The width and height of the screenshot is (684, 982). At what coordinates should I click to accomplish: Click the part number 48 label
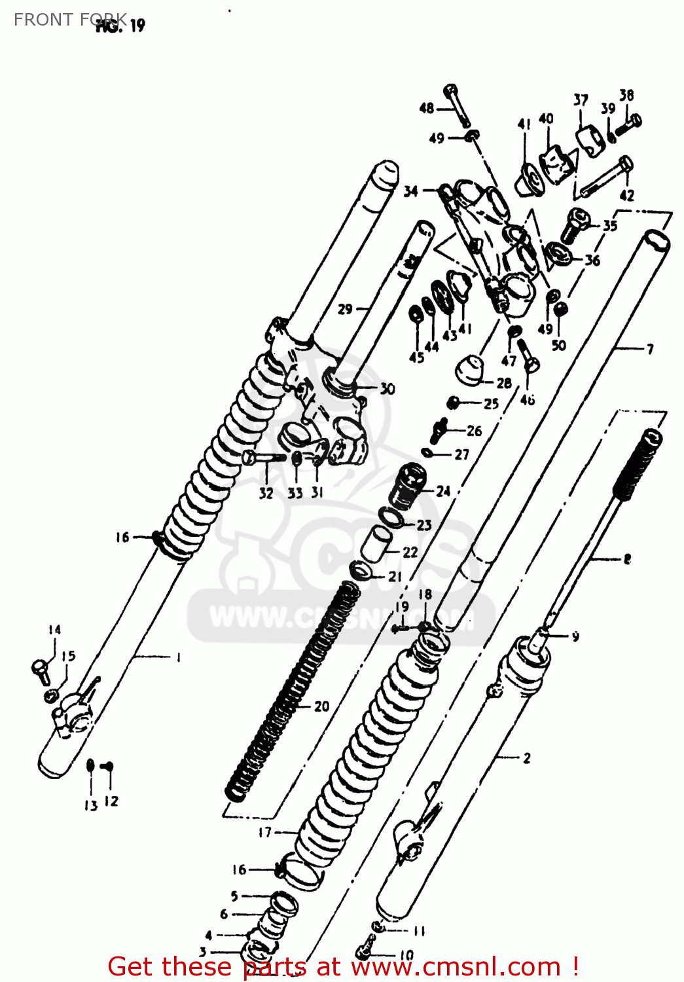tap(426, 108)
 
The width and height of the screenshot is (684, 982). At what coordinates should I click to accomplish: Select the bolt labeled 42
tap(605, 177)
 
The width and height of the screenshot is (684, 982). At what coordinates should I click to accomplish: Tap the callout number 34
tap(410, 191)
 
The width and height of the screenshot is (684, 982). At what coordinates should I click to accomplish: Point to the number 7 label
tap(650, 349)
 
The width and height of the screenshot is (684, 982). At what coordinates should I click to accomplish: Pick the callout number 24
tap(443, 490)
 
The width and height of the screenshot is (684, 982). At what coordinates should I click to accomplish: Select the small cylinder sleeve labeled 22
tap(377, 543)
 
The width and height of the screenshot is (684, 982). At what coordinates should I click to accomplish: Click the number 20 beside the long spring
tap(321, 706)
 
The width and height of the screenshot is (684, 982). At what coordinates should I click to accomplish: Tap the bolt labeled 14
tap(41, 669)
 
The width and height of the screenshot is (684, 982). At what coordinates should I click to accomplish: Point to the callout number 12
tap(111, 801)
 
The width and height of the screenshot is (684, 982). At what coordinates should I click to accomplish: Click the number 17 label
tap(264, 832)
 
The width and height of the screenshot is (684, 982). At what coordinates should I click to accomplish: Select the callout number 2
tap(527, 758)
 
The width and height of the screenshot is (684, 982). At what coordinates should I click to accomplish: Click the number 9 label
tap(575, 636)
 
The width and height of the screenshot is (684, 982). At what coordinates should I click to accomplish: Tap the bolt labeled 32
tap(262, 458)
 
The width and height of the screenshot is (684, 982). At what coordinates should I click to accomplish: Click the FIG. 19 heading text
tap(120, 26)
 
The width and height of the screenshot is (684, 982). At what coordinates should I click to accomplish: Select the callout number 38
tap(626, 95)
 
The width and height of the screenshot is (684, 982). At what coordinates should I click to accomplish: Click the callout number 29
tap(345, 309)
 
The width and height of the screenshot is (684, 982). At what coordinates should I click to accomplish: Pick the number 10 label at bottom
tap(406, 955)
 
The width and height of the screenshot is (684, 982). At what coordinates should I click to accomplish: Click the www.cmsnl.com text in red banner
tap(456, 967)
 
